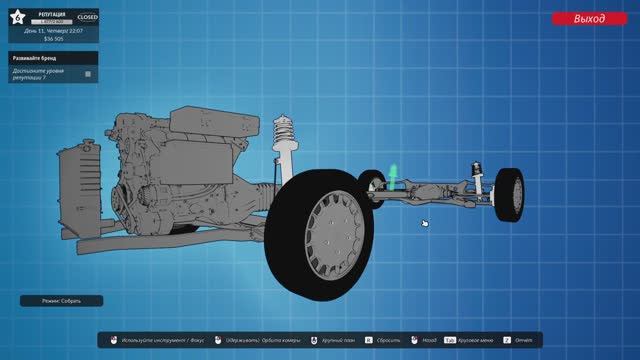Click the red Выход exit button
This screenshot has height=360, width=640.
coord(589,18)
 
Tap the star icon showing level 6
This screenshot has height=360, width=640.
coord(17,17)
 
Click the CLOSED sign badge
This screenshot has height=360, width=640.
coord(88,17)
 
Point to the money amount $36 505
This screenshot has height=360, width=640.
coord(54,38)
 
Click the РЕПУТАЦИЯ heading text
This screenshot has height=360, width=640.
coord(54,14)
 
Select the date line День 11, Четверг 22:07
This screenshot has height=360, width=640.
coord(54,30)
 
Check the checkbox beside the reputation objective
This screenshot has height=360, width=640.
coord(88,73)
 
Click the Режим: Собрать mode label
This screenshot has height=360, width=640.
coord(61,301)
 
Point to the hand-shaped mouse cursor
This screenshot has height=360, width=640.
coord(425,224)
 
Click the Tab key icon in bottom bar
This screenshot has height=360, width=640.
coord(450,340)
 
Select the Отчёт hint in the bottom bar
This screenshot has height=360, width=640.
coord(524,340)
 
